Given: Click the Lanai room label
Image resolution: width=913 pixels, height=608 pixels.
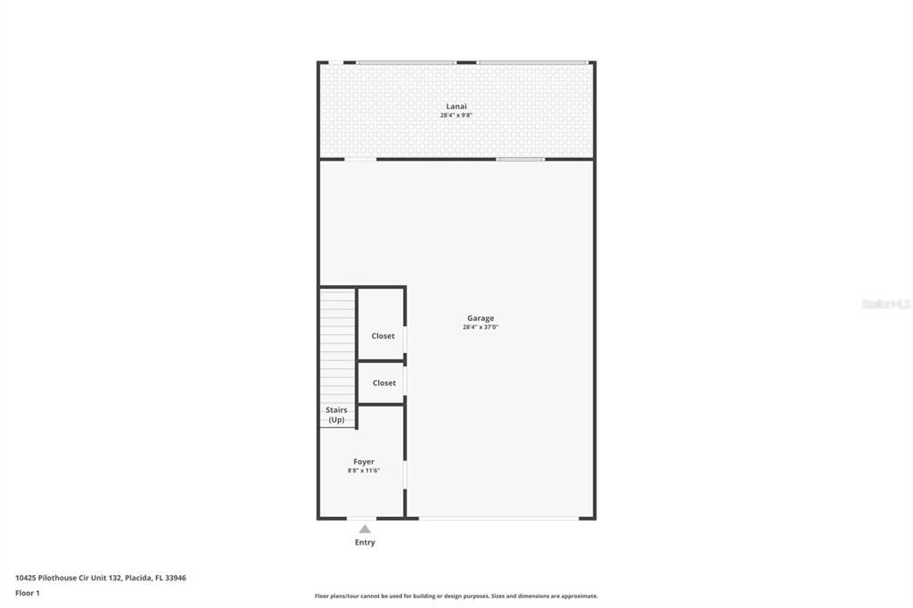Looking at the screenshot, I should pos(456,106).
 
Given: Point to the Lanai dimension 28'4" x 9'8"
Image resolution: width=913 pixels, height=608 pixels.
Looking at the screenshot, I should pos(456,115).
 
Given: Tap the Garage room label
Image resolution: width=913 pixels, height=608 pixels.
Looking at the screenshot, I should pos(480,318).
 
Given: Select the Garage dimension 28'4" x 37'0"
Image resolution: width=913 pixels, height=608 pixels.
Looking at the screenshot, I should pos(480,327).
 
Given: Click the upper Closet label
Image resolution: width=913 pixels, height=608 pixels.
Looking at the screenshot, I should pos(382,336).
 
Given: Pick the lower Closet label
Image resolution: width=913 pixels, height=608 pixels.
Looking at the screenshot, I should pos(383,383).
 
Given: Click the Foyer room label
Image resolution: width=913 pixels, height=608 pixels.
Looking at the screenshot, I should pos(364,462).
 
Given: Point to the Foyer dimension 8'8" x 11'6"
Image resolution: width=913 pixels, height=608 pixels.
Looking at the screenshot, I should pos(364,471).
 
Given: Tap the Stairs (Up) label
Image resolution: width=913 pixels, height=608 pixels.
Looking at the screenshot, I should pos(336,415).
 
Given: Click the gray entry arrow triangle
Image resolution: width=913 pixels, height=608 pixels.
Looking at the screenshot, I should pos(365,529).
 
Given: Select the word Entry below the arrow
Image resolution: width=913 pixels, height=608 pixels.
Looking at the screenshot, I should pos(365,543).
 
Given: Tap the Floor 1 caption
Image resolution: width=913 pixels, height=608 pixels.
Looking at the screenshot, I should pos(28,593).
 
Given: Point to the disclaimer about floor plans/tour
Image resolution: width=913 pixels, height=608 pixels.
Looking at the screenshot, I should pos(456,596).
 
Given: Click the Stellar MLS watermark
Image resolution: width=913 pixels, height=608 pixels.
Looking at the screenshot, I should pos(885,304).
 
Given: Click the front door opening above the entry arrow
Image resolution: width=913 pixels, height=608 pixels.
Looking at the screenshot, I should pos(361,518).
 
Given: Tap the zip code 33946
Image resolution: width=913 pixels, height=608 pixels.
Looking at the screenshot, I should pos(176,578).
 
